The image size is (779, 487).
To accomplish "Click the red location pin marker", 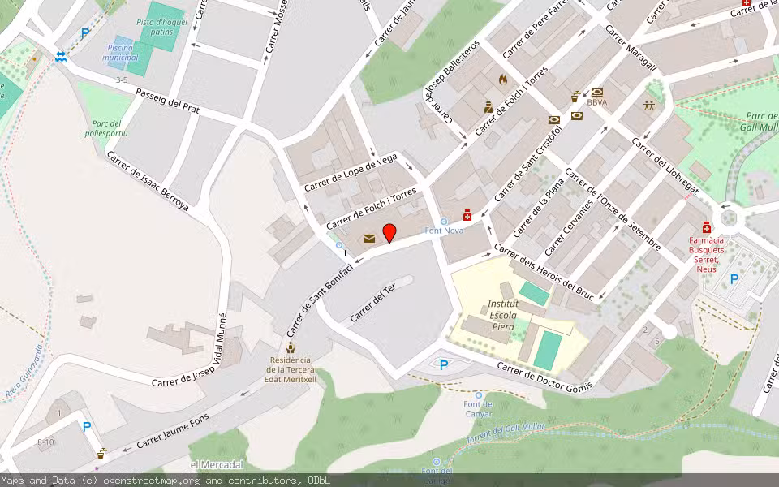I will tap(389, 233).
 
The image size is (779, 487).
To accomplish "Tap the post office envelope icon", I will tap(369, 239).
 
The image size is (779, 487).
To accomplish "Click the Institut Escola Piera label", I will tap(503, 315).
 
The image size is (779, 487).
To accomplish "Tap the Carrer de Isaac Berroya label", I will tap(148, 183).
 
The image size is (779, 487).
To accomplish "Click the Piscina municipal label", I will tap(120, 53).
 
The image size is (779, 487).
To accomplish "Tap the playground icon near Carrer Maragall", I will tap(648, 106).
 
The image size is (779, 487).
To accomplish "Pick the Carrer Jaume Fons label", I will tap(172, 431).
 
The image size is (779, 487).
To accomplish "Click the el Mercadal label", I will tap(217, 464).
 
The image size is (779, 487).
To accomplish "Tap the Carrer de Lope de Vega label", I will tap(351, 173).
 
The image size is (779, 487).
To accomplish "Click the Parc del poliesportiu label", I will tap(106, 127).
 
